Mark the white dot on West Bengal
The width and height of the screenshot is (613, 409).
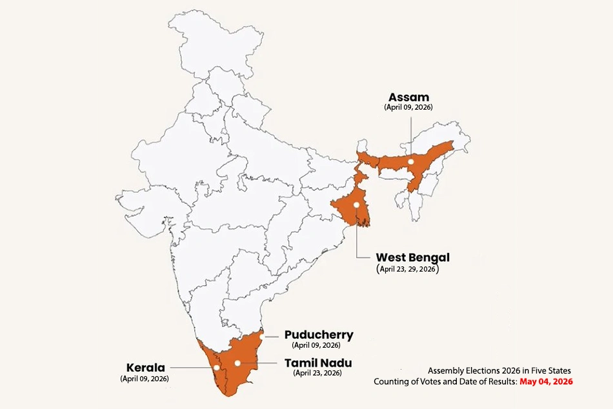click(356, 205)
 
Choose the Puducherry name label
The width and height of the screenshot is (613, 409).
click(319, 335)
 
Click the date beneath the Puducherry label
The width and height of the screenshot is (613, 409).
click(316, 346)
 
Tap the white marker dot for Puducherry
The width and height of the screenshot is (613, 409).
click(263, 336)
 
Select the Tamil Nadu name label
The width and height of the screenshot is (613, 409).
click(318, 363)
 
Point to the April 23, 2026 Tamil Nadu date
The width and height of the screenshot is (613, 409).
click(317, 373)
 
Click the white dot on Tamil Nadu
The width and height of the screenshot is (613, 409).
click(237, 363)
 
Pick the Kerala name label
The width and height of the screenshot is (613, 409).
click(145, 368)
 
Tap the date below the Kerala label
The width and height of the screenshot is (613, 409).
click(145, 379)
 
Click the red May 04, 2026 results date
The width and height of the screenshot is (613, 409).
click(546, 382)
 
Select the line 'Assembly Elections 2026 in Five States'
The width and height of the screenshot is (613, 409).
click(499, 370)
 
